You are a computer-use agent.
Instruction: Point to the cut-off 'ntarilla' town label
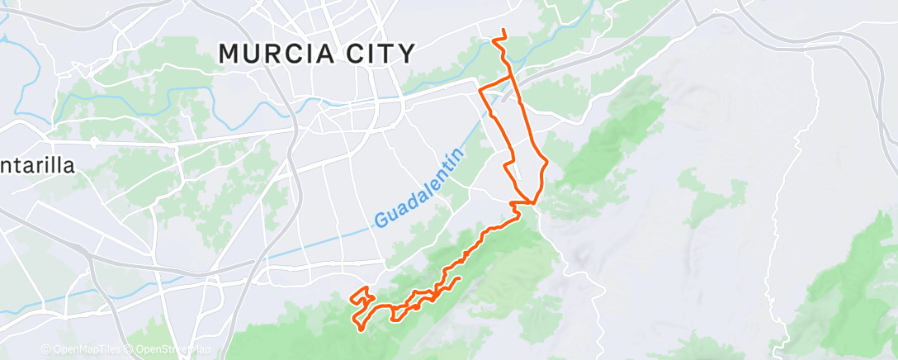click(37, 165)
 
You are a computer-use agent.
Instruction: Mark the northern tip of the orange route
click(503, 31)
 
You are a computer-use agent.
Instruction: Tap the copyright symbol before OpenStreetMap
click(130, 349)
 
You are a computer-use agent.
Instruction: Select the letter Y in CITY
click(405, 54)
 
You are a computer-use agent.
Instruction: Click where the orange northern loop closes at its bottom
click(535, 202)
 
